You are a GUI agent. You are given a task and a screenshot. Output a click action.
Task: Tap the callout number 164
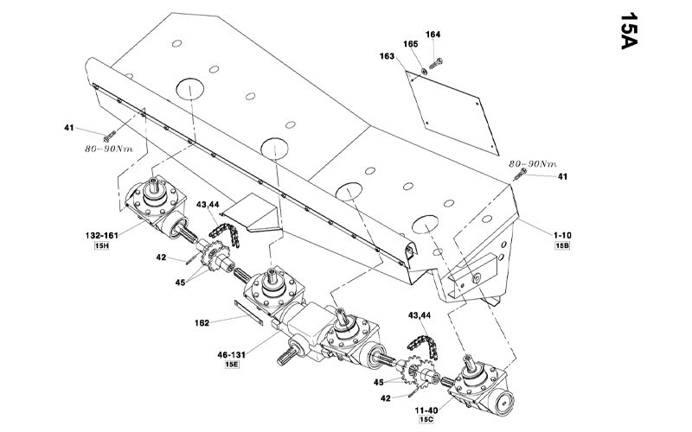432,35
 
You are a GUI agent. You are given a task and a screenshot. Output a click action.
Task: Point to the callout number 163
387,57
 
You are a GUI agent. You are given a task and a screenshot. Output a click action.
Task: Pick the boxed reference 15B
563,246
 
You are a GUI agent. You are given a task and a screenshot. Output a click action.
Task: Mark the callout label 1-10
563,234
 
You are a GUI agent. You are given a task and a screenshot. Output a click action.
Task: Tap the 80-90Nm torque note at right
533,162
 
